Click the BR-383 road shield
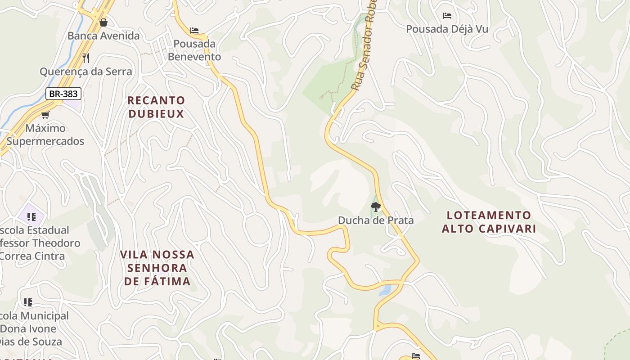point(63,94)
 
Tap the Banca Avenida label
point(103,36)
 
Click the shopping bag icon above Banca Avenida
point(103,22)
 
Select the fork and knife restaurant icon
point(86,58)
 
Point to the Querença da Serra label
point(86,71)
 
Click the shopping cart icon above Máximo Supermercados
point(45,115)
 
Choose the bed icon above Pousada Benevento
point(194,31)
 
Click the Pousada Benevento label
point(194,50)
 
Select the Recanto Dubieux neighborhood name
point(156,107)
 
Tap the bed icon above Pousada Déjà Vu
point(447,16)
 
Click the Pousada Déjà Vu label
point(447,29)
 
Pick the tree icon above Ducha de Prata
point(376,207)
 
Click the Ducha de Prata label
point(376,220)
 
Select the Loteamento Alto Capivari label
point(489,221)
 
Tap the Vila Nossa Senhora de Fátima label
point(157,268)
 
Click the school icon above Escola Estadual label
point(31,217)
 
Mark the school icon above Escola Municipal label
point(28,302)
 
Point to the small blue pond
point(385,291)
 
